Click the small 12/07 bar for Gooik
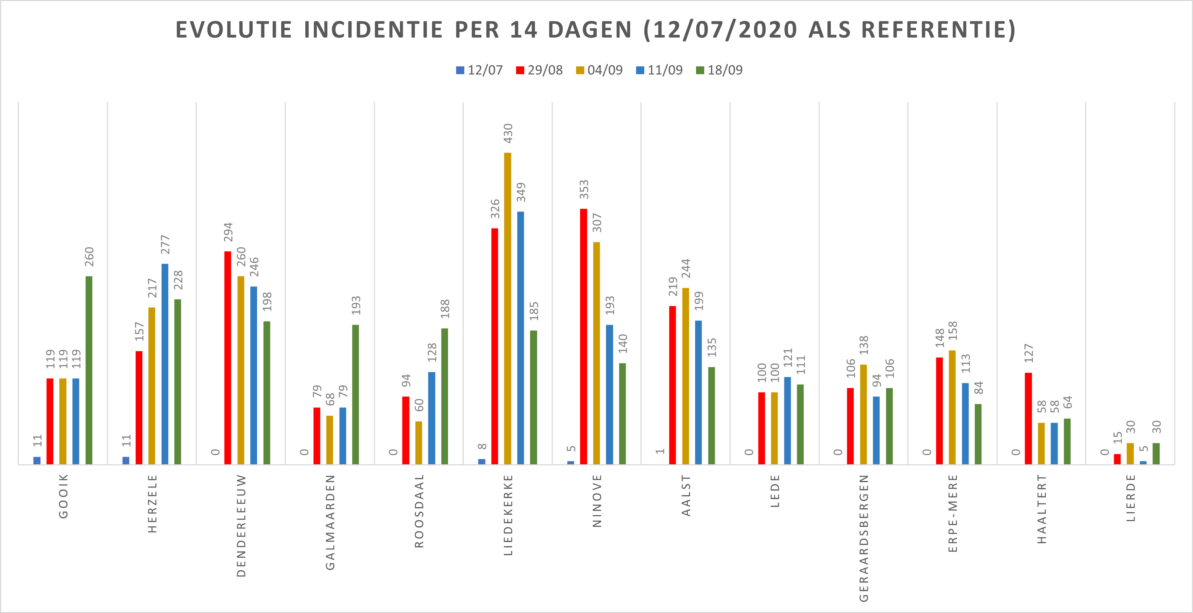(x=37, y=460)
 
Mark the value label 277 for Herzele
(x=165, y=245)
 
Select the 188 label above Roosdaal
(x=445, y=309)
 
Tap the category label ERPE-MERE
(x=952, y=513)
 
